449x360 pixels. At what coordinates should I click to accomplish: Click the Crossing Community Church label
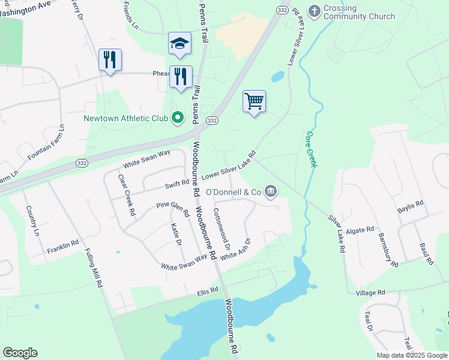click(359, 12)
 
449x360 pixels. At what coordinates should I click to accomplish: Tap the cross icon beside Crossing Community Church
click(313, 10)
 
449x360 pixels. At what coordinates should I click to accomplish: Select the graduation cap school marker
click(179, 43)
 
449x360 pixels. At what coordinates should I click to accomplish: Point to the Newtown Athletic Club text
click(125, 118)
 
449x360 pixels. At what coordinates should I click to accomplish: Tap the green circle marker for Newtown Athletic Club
click(177, 118)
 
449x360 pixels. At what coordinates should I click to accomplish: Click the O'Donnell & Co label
click(233, 192)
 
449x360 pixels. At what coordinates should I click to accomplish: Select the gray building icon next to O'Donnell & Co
click(271, 191)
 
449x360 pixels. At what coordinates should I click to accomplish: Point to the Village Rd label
click(370, 293)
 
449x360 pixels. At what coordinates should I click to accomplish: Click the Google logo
click(20, 353)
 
